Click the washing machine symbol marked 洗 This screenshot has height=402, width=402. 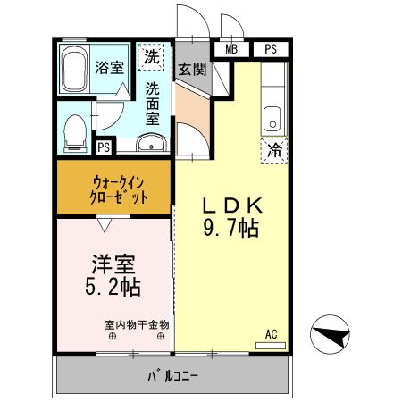(x=153, y=58)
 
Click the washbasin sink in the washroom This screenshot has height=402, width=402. (x=151, y=143)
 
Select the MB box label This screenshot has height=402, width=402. (x=232, y=49)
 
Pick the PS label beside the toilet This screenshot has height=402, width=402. (x=105, y=147)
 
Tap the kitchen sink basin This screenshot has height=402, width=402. (x=272, y=116)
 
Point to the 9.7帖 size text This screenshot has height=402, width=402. (x=230, y=228)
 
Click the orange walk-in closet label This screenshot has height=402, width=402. (x=115, y=189)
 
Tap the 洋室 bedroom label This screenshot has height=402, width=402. (x=114, y=264)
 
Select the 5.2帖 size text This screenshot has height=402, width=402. (x=114, y=289)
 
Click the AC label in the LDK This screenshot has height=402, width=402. (x=272, y=334)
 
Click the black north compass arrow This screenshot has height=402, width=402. (x=328, y=335)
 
